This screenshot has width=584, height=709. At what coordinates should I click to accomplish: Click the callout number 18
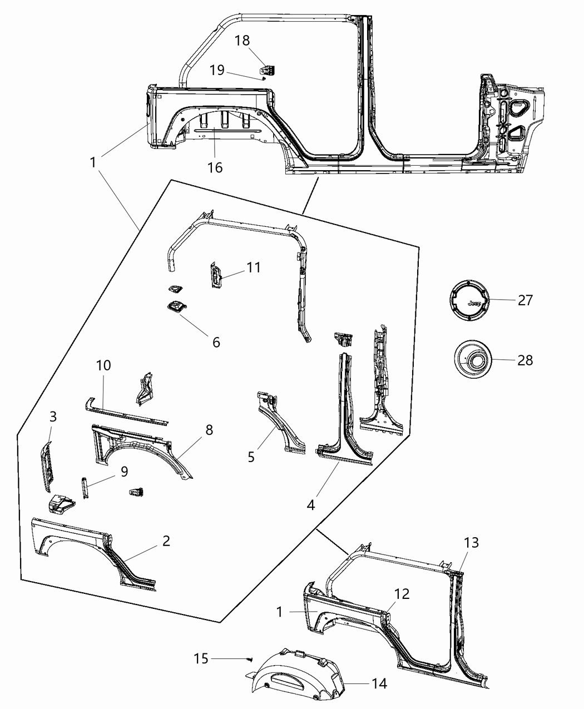pyautogui.click(x=242, y=41)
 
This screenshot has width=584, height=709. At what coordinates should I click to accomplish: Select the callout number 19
pyautogui.click(x=217, y=70)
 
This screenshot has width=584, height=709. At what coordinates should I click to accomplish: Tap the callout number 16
pyautogui.click(x=215, y=167)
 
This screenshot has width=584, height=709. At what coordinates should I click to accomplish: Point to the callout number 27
pyautogui.click(x=525, y=300)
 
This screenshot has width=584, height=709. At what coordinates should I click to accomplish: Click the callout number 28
pyautogui.click(x=525, y=360)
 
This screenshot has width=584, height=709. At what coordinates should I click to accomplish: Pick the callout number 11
pyautogui.click(x=254, y=267)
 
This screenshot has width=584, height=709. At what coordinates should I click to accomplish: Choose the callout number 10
pyautogui.click(x=103, y=365)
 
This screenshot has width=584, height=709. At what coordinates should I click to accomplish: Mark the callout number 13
pyautogui.click(x=471, y=542)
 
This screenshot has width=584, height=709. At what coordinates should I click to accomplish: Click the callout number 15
pyautogui.click(x=201, y=658)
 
